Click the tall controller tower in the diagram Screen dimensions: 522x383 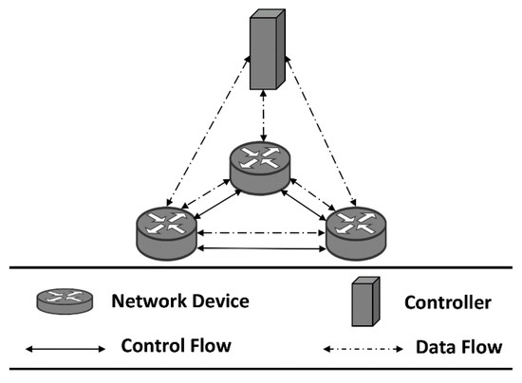[268, 49]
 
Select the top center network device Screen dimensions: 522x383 [260, 168]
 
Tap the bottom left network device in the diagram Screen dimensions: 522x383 [166, 234]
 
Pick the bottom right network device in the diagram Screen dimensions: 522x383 [356, 234]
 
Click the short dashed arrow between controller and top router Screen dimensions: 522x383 [264, 116]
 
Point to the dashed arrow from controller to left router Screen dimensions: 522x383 [208, 131]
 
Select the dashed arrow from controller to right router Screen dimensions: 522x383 [321, 131]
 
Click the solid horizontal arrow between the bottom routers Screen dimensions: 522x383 [261, 248]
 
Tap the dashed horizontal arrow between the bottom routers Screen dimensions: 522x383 [261, 233]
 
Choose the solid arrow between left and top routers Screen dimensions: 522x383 [217, 205]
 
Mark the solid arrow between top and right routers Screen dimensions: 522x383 [304, 205]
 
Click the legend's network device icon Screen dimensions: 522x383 [65, 301]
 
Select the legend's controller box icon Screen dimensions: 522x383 [365, 301]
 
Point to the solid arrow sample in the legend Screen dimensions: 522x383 [65, 349]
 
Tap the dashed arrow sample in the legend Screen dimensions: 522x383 [364, 349]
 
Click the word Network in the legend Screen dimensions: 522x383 [149, 301]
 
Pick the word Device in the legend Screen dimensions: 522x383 [221, 301]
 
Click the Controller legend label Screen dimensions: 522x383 [448, 302]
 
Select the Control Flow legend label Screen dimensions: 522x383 [177, 345]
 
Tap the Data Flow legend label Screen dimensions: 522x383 [459, 347]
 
